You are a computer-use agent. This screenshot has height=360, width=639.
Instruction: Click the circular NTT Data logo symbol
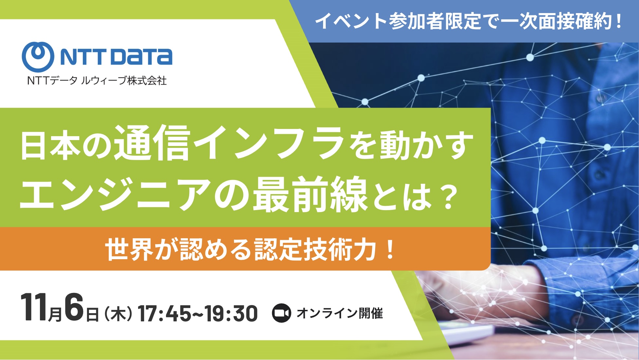pyautogui.click(x=38, y=57)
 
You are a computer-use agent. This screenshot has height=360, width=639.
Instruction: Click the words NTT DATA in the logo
pyautogui.click(x=116, y=57)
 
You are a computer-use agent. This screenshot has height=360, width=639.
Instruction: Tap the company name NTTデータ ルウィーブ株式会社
pyautogui.click(x=97, y=81)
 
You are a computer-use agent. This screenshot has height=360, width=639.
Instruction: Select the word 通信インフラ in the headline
pyautogui.click(x=229, y=144)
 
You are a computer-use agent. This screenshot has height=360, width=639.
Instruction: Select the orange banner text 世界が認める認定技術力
pyautogui.click(x=241, y=250)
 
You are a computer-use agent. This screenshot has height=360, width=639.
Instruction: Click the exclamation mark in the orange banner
pyautogui.click(x=390, y=250)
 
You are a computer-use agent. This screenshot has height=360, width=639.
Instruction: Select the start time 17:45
pyautogui.click(x=164, y=314)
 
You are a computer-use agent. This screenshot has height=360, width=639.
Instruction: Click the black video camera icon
pyautogui.click(x=281, y=313)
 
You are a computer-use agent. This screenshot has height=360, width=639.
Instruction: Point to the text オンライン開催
pyautogui.click(x=340, y=313)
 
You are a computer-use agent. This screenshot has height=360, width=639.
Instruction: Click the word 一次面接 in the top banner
pyautogui.click(x=537, y=21)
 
